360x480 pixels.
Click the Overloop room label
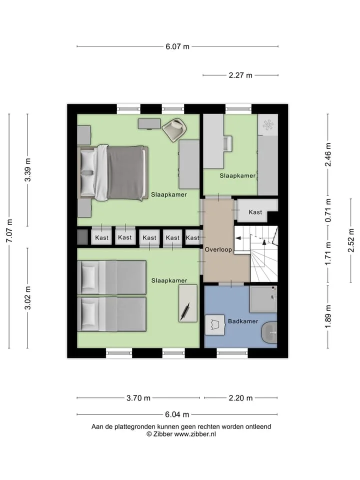(x=218, y=249)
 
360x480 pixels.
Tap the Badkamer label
(x=243, y=321)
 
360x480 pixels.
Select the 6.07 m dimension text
(x=177, y=46)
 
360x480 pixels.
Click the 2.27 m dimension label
(x=240, y=75)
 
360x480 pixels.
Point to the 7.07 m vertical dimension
(x=9, y=231)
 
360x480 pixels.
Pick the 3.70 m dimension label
(x=138, y=398)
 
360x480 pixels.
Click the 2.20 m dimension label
(x=240, y=398)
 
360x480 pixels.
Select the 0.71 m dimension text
(x=328, y=210)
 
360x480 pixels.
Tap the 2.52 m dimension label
(x=351, y=240)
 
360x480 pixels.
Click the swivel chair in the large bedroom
(x=174, y=130)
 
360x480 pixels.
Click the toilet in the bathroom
(x=269, y=332)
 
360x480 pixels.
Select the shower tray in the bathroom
(x=263, y=299)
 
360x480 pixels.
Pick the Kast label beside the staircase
(x=255, y=212)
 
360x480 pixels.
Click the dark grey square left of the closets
(x=82, y=237)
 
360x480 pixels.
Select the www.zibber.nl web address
(x=195, y=434)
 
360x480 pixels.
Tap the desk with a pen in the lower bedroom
(x=188, y=303)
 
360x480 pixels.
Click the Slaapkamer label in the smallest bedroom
(x=237, y=175)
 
